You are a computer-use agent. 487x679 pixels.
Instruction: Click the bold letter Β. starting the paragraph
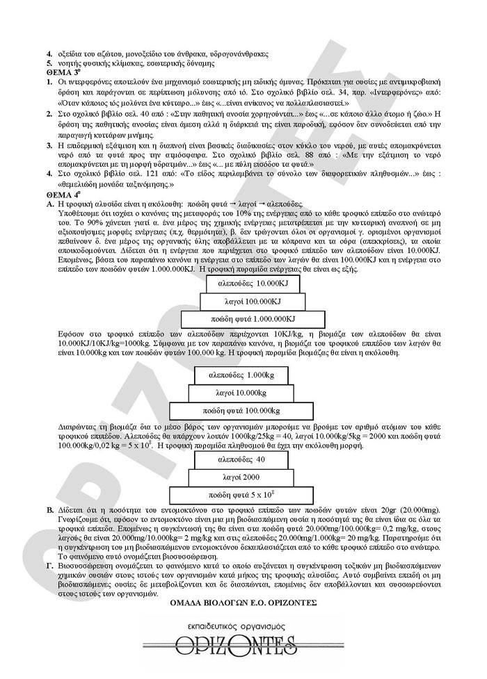50,511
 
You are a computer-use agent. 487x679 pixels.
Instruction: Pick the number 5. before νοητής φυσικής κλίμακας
49,63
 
